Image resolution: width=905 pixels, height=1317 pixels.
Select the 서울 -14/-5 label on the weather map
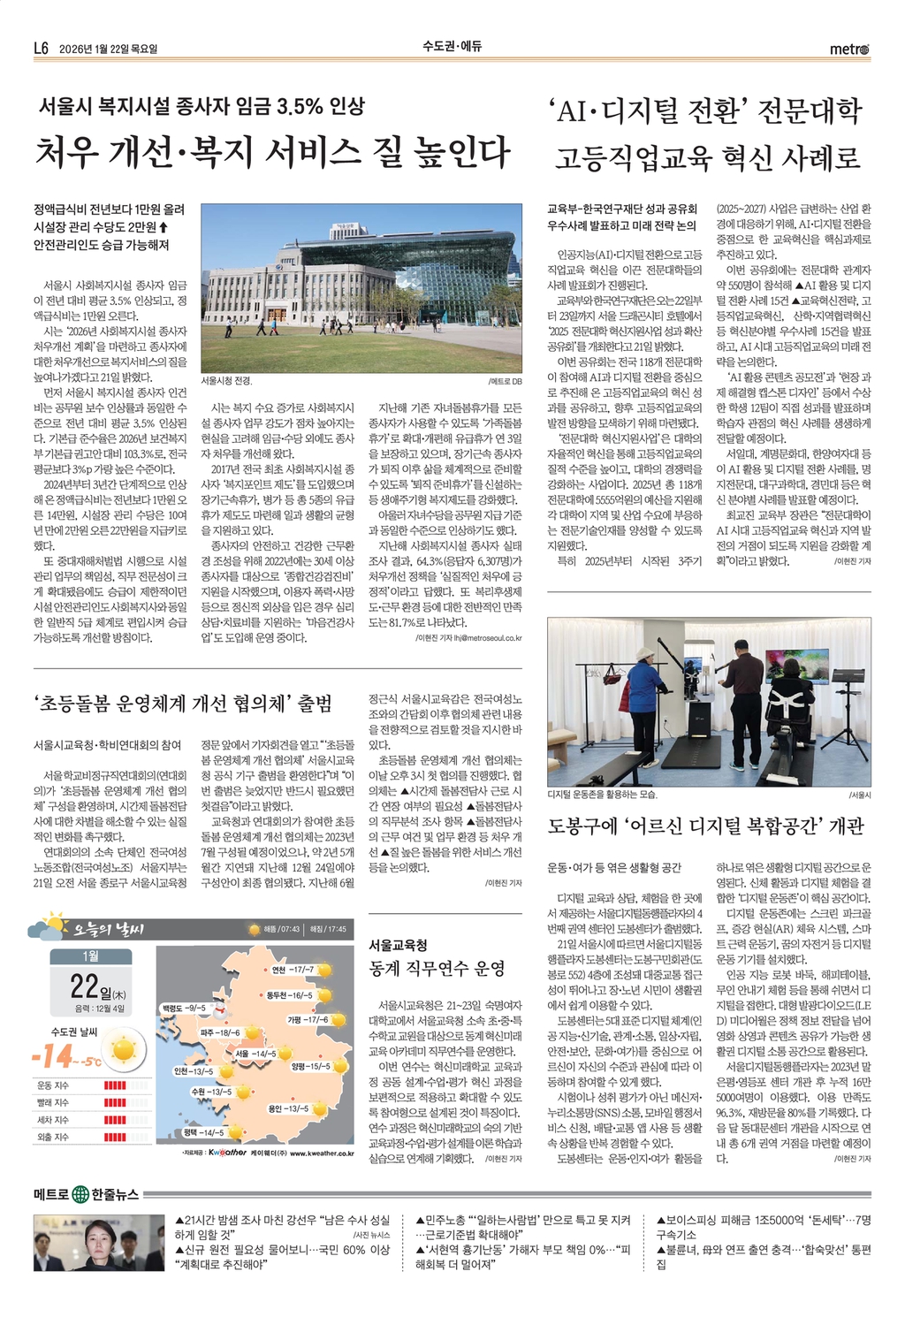tap(256, 1054)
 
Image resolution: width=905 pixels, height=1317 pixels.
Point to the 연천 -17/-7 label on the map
tap(293, 970)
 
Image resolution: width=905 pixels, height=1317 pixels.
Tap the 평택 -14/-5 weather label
tap(203, 1132)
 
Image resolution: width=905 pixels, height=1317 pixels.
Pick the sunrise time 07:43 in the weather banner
tap(289, 929)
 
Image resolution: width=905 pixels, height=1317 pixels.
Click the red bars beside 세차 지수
tap(115, 1120)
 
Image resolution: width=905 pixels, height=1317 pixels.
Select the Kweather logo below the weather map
tap(227, 1153)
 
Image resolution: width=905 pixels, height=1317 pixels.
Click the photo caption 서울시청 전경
tap(226, 381)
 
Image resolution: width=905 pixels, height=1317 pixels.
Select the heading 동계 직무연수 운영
tap(437, 968)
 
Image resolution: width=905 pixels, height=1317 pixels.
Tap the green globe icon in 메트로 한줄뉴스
tap(80, 1194)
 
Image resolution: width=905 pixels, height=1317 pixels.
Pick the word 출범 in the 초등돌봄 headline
tap(313, 704)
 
